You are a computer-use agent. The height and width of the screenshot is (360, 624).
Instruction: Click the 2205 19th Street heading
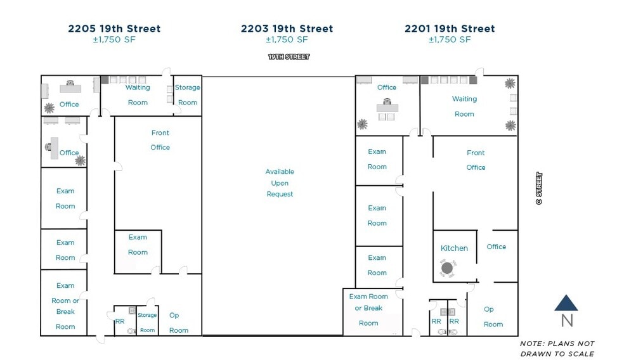114,29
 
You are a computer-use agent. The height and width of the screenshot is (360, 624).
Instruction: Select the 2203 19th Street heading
287,29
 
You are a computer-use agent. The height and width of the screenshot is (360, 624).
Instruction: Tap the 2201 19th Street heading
450,29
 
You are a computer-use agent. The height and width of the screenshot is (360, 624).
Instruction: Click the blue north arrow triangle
566,303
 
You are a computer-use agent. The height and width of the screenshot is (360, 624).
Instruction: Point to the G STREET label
539,188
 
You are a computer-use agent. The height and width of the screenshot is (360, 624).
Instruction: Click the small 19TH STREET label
289,57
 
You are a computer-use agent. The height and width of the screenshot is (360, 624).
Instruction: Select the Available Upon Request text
280,183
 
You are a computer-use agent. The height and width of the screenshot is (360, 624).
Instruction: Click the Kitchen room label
454,248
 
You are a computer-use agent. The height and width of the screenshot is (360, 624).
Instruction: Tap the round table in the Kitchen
447,269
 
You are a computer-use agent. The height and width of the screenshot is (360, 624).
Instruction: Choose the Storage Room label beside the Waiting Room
188,94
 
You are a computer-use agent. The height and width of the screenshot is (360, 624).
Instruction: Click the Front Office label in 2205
160,140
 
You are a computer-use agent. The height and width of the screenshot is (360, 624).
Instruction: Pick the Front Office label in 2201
476,160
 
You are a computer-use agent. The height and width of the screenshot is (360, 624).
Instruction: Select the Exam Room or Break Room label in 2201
368,309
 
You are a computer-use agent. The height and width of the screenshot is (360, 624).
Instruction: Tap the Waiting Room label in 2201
464,106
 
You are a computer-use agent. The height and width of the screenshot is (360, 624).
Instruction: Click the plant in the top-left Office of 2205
49,108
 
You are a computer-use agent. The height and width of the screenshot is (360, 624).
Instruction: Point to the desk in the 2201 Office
387,107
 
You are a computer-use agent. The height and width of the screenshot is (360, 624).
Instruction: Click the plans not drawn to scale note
557,349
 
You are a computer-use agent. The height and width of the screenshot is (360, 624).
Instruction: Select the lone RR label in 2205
120,321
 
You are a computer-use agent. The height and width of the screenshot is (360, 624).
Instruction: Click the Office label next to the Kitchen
497,247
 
